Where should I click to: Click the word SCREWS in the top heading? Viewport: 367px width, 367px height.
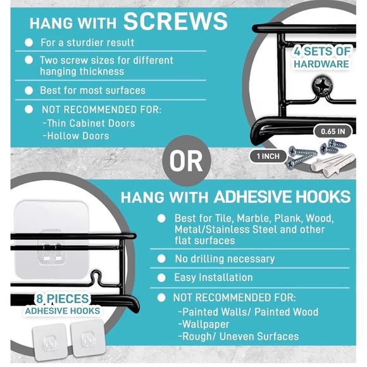(175, 21)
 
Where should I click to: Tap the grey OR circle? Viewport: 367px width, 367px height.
(187, 161)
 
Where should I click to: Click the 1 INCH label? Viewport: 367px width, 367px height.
(268, 156)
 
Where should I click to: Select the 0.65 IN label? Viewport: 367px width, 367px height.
(333, 132)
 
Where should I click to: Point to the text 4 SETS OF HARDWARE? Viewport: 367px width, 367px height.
(322, 58)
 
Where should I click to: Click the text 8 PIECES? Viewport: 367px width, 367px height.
(63, 299)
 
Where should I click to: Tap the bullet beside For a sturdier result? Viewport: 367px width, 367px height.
(28, 42)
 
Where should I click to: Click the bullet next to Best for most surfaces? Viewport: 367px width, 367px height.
(28, 90)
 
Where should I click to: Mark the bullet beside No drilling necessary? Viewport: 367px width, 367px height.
(161, 259)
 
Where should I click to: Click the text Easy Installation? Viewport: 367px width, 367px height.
(213, 278)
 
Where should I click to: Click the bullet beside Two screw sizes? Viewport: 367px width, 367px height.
(28, 60)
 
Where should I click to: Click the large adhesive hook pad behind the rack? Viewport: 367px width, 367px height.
(51, 240)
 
